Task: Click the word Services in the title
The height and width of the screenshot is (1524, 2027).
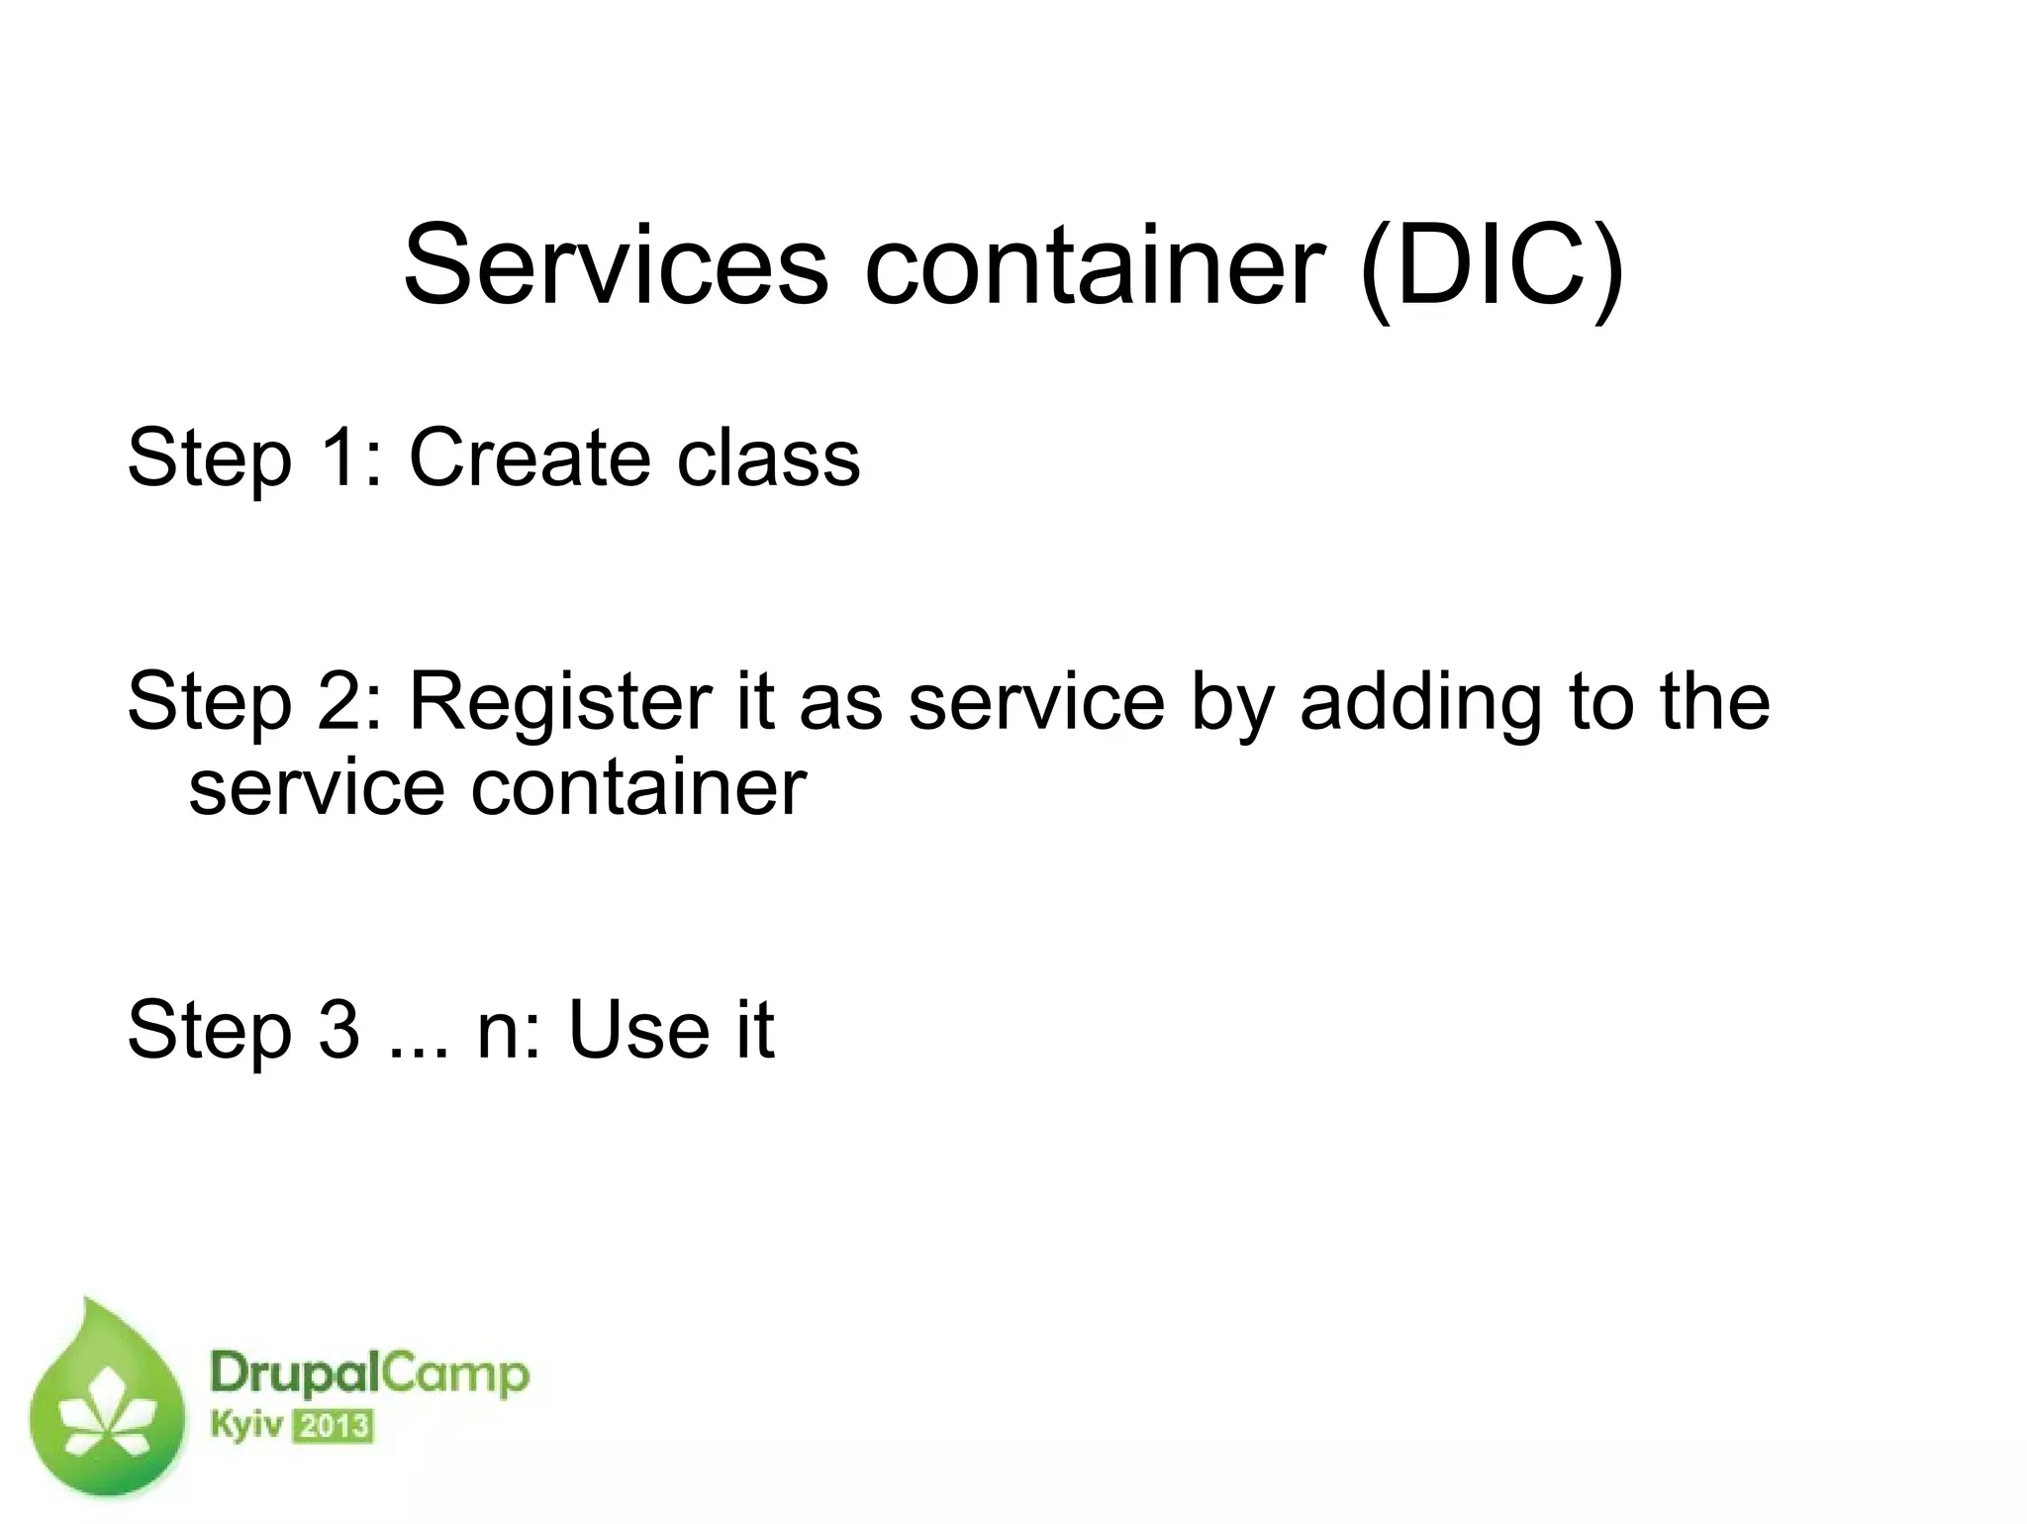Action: coord(615,266)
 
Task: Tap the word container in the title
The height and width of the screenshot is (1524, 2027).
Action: coord(1094,266)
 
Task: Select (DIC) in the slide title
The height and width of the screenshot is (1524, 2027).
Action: coord(1492,266)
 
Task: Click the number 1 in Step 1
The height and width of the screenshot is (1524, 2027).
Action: coord(339,457)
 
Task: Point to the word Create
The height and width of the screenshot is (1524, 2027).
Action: coord(530,457)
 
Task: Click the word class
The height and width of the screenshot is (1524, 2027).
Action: coord(768,457)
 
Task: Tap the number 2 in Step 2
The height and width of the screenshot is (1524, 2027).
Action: coord(339,701)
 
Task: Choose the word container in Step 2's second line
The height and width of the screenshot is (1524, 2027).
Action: coord(638,788)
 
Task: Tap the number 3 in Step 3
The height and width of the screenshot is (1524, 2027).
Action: coord(339,1030)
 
